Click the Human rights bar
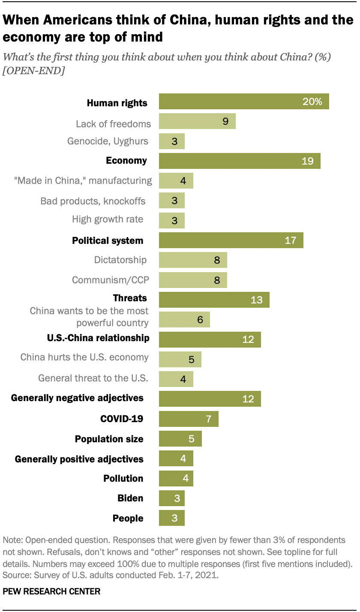243,101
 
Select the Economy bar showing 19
239,161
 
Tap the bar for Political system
231,240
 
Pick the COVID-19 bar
189,419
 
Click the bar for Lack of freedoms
197,121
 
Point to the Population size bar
180,438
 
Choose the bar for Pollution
176,478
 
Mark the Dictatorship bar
193,260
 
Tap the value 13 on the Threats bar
256,300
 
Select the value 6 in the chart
200,319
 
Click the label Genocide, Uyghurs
108,141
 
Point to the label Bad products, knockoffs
93,201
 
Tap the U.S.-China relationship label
98,338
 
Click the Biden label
130,498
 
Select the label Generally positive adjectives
79,459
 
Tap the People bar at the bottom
171,518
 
